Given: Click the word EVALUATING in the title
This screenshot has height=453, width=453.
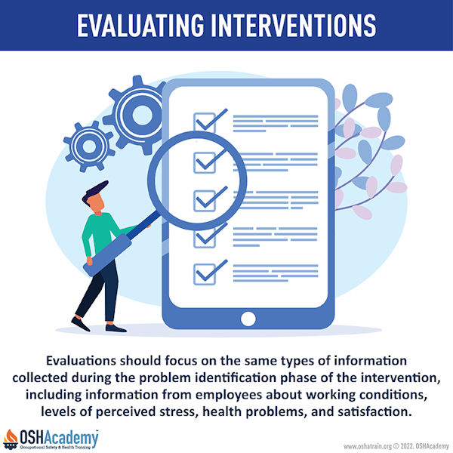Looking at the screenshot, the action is pos(140,25).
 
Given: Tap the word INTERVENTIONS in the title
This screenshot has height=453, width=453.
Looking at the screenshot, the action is pos(294,25).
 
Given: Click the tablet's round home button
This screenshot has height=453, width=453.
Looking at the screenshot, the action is pos(248,319).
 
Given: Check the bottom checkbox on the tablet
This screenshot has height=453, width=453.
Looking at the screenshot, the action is pos(205,274).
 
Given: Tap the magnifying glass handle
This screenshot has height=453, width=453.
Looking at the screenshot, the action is pos(107,254).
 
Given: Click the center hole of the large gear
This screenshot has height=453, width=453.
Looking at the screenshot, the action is pos(142,115).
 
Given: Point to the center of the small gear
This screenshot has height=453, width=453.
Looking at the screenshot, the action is pos(89,146).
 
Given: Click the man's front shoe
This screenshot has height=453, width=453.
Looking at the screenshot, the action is pos(116,328).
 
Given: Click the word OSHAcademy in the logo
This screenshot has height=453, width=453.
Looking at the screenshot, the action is pos(59,438).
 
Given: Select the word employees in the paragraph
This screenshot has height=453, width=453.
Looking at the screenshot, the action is pos(228,396).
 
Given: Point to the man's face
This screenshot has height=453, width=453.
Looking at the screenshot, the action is pos(96,203).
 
